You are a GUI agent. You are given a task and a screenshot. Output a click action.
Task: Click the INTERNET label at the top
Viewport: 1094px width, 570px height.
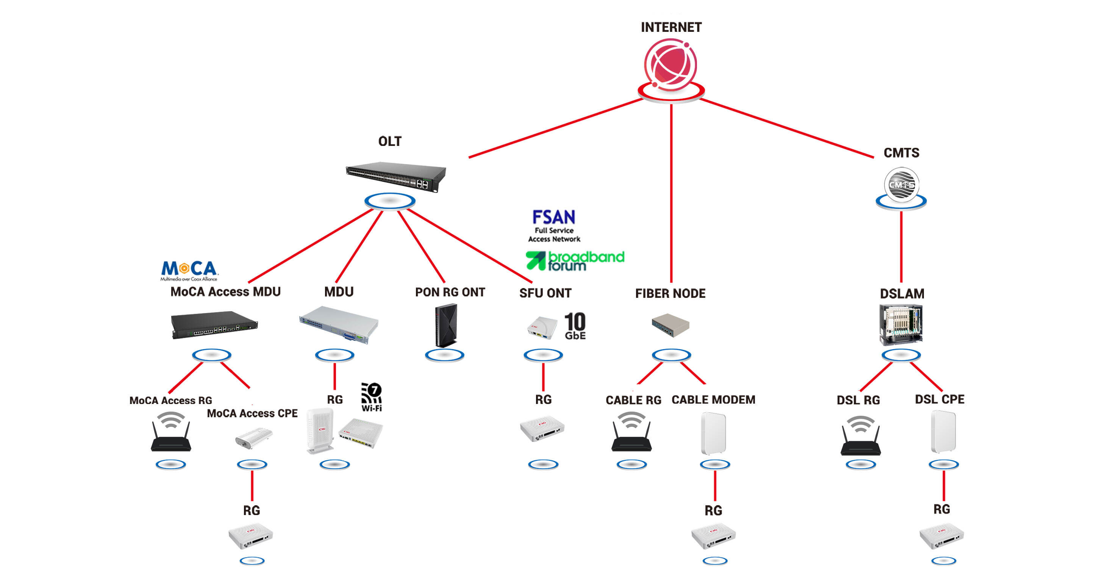tap(671, 27)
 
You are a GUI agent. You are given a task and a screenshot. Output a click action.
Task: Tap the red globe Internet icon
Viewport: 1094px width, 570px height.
tap(670, 64)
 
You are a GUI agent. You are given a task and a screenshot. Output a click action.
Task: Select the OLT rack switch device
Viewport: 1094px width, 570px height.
tap(396, 175)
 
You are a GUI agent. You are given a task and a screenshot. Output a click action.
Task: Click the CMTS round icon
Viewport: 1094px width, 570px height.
tap(901, 184)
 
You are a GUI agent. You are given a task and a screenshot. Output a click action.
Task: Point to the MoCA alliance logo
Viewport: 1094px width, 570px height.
tap(189, 271)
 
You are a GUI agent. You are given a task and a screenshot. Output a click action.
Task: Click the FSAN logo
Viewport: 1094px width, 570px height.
tap(554, 225)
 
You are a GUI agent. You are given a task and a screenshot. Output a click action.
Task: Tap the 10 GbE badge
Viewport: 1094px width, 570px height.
tap(575, 326)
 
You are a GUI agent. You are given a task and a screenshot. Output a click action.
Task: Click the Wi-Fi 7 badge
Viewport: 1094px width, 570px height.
tap(372, 397)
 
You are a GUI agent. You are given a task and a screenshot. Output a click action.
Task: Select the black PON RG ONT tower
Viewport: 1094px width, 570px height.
tap(446, 325)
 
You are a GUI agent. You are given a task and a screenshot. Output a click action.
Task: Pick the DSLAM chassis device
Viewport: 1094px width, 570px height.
tap(901, 324)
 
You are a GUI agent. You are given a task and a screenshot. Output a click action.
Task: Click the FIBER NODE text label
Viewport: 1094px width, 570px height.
tap(670, 293)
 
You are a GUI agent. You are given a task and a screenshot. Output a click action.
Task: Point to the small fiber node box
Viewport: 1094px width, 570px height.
tap(670, 325)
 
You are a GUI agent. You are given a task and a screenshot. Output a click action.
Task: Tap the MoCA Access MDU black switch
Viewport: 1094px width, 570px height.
tap(214, 325)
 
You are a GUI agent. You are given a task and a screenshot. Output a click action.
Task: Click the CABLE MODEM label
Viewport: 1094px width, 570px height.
tap(713, 400)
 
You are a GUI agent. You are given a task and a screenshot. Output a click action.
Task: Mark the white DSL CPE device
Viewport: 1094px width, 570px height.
tap(943, 432)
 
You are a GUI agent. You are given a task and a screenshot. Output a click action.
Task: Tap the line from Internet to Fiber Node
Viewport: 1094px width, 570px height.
tap(671, 191)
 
